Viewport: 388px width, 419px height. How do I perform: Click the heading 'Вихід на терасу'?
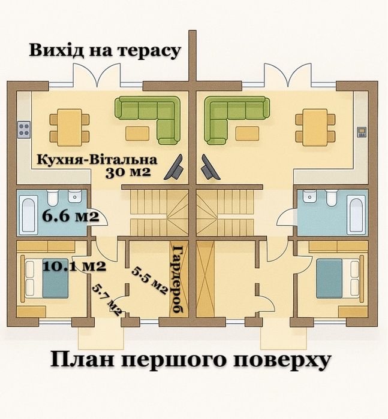[106, 50]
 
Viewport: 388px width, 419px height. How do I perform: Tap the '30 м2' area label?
[128, 173]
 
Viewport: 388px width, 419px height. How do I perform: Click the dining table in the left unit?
[69, 126]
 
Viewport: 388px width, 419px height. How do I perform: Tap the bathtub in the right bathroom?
[356, 212]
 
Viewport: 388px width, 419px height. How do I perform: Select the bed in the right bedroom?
[337, 278]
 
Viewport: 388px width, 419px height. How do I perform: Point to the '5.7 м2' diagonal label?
[107, 299]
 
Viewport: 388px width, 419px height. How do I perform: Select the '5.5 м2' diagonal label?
[149, 278]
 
